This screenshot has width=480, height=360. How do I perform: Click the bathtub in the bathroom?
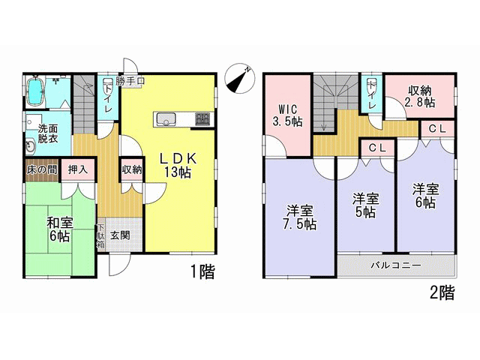tap(34, 92)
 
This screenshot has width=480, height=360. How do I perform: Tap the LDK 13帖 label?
tap(178, 166)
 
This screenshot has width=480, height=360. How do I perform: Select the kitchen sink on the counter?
tap(166, 118)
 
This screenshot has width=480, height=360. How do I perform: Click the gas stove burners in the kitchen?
tap(202, 118)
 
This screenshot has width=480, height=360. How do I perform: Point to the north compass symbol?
tap(239, 79)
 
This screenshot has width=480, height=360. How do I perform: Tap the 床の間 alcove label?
tap(42, 170)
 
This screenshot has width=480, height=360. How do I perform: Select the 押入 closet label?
tap(78, 169)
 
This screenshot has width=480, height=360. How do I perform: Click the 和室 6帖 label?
tap(60, 229)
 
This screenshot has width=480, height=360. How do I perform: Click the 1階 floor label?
tap(203, 271)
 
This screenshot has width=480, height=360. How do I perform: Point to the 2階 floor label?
tap(442, 292)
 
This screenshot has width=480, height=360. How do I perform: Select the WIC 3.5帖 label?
tap(288, 115)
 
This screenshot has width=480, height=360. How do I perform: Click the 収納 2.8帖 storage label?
tap(420, 97)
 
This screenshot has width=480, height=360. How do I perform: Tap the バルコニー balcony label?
tap(396, 265)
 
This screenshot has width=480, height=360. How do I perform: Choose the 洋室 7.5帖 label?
tap(300, 218)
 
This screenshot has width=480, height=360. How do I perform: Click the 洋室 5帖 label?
tap(365, 205)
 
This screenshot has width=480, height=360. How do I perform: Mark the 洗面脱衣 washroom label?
tap(48, 133)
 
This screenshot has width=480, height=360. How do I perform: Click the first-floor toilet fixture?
tap(107, 83)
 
